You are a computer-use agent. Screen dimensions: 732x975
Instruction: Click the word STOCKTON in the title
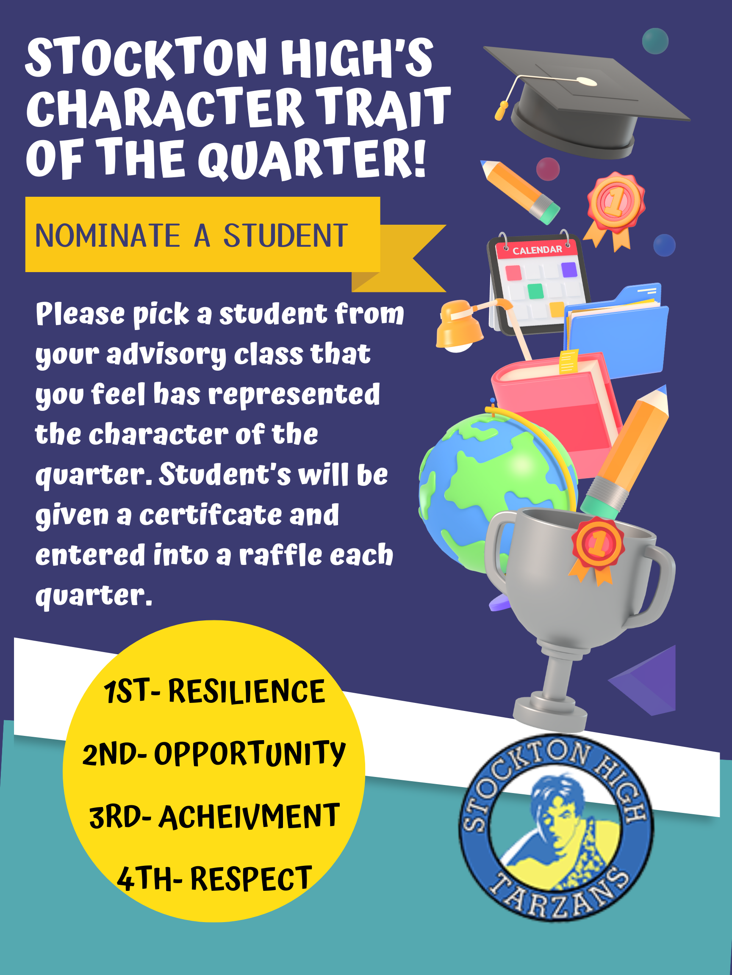tap(146, 58)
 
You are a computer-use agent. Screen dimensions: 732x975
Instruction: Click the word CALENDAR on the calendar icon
tap(537, 250)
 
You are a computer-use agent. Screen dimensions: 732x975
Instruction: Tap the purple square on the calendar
tap(569, 269)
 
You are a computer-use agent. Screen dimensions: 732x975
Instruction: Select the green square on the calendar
tap(535, 291)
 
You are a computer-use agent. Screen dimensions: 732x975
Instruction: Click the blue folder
tap(616, 331)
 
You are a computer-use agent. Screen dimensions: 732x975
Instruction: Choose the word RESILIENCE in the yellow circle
tap(247, 691)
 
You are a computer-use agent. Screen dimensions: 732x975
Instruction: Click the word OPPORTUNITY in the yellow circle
tap(250, 754)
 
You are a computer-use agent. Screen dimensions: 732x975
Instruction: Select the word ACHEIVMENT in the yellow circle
tap(249, 816)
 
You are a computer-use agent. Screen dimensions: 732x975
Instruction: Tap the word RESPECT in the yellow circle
tap(251, 879)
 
